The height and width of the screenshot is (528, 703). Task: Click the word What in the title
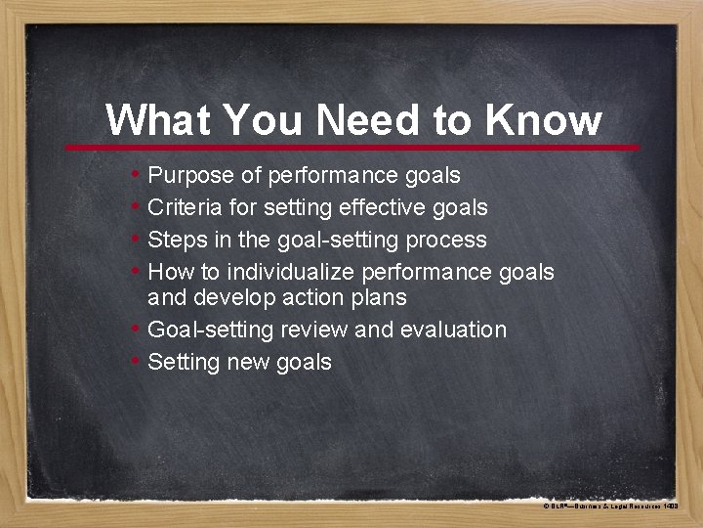[158, 120]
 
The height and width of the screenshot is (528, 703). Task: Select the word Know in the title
[542, 120]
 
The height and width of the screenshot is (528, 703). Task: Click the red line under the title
[351, 148]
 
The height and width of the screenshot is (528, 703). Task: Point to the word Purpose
[190, 176]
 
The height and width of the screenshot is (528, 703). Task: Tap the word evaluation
[452, 330]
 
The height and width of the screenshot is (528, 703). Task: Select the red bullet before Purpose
[135, 176]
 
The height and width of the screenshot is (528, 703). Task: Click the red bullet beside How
[135, 272]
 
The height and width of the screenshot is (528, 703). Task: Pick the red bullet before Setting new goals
[135, 362]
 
